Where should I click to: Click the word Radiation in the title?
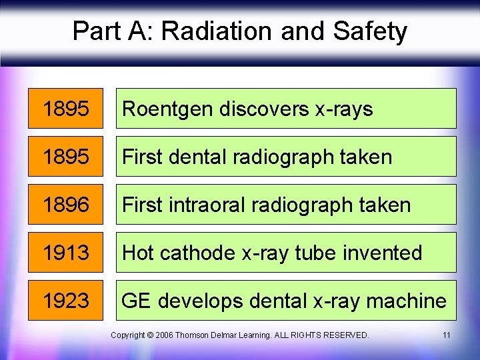point(215,31)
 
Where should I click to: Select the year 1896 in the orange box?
point(65,205)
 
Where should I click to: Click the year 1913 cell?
point(65,253)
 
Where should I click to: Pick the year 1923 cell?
point(65,301)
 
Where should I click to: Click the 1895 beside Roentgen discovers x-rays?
point(65,109)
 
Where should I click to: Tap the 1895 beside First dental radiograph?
point(65,157)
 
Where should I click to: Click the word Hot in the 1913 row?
point(139,253)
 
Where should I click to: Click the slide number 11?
point(446,335)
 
